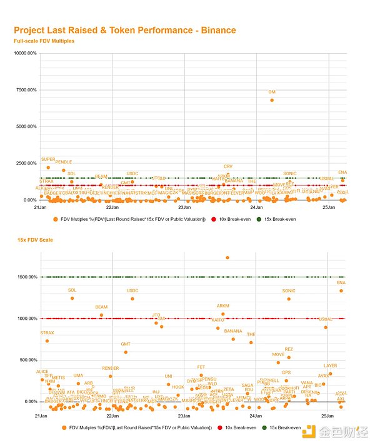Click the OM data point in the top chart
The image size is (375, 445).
coord(272,100)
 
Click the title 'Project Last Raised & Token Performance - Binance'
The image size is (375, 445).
coord(124,30)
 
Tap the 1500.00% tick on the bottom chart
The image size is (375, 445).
coord(26,277)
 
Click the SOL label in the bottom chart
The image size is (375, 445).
coord(72,290)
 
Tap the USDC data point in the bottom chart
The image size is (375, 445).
coord(132,299)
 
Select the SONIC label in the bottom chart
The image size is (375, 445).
coord(289,291)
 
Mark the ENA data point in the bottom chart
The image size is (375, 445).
coord(341,290)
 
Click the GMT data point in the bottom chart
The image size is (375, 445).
coord(126,352)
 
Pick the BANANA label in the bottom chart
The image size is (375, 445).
coord(233,331)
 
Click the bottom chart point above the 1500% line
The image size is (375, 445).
coord(227,257)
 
